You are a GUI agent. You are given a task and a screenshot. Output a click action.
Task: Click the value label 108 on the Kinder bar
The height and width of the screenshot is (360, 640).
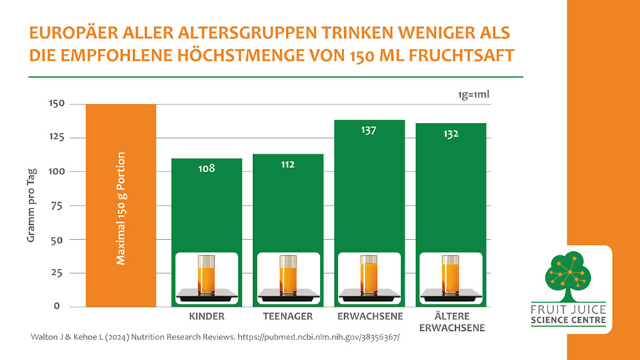(x=206, y=169)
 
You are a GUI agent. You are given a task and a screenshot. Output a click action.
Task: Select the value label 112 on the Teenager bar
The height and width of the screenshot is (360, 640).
(x=287, y=164)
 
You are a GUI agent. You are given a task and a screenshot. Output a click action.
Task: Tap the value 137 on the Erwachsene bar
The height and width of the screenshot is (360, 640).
(x=368, y=130)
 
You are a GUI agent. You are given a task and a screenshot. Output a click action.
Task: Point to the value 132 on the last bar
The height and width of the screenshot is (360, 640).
(x=451, y=134)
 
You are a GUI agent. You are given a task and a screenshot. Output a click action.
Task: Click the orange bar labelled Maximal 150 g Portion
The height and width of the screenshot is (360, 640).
(x=121, y=206)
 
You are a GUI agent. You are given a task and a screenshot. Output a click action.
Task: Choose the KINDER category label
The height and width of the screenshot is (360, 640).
(x=206, y=316)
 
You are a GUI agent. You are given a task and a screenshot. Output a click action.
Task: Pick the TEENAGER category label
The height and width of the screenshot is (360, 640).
(x=287, y=316)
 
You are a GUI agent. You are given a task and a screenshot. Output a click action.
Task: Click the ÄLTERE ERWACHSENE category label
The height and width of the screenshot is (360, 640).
(x=451, y=322)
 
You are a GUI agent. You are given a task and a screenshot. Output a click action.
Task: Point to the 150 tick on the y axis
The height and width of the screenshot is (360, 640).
(x=56, y=104)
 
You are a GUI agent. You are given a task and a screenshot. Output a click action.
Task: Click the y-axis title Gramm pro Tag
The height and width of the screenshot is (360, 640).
(x=31, y=206)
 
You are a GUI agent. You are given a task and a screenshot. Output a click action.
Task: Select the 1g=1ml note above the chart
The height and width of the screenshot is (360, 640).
(x=474, y=94)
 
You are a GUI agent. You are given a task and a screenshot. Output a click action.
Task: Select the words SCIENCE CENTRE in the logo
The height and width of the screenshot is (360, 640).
(x=568, y=320)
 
